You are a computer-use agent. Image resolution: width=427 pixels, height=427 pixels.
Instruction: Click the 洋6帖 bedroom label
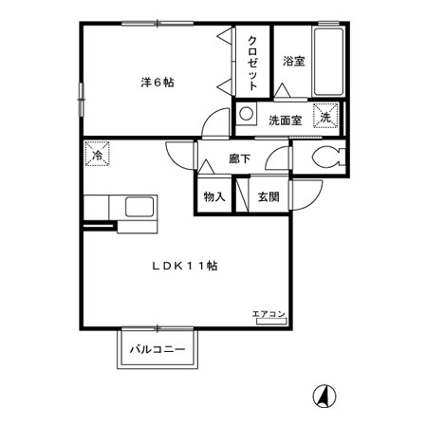(158, 83)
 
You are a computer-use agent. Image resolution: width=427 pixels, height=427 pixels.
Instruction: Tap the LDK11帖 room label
(185, 266)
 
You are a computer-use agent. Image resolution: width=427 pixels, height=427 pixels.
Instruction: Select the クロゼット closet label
(252, 64)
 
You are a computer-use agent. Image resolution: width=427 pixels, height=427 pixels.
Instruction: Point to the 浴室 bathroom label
(294, 61)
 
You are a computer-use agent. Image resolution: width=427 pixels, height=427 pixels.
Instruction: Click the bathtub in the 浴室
(328, 62)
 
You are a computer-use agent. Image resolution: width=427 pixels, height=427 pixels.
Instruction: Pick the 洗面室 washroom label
(286, 121)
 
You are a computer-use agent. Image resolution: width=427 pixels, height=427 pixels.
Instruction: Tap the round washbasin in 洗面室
(246, 114)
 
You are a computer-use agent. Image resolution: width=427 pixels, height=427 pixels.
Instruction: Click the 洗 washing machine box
(325, 116)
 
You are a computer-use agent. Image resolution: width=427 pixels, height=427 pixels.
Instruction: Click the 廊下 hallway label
(240, 158)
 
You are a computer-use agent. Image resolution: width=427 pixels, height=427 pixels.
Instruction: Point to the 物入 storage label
(214, 196)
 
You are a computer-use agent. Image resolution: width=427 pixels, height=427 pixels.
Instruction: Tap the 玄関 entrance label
(269, 196)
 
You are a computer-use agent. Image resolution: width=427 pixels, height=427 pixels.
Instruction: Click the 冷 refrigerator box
(98, 154)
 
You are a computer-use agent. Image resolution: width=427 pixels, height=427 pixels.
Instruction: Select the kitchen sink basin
(139, 207)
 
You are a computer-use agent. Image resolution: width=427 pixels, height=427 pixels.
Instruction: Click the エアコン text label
(269, 314)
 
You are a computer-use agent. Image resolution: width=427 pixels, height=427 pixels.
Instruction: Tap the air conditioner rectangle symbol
(271, 322)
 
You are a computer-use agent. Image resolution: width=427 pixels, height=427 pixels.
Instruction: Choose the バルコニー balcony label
(158, 349)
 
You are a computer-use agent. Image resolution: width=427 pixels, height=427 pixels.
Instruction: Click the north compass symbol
(325, 397)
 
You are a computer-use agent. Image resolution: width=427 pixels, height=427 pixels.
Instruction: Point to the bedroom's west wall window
(82, 100)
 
